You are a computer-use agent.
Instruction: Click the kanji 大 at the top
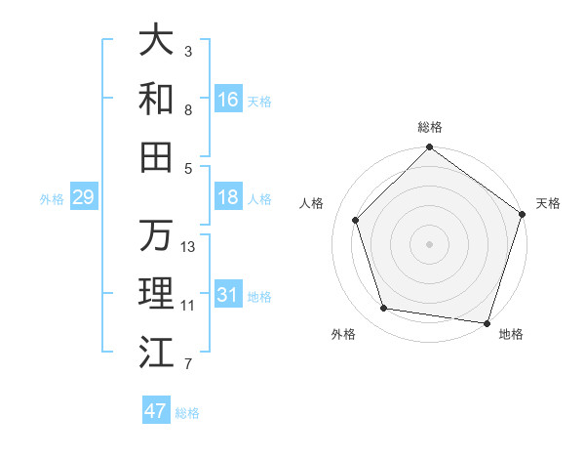[156, 40]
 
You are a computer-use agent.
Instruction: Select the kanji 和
[156, 99]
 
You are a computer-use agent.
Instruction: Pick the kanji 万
[156, 235]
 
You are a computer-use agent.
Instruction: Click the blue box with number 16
[227, 100]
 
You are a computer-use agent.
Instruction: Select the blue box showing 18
[227, 197]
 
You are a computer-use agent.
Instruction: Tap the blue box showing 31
[227, 295]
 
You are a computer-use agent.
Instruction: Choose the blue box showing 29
[83, 197]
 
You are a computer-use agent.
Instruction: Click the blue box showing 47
[156, 411]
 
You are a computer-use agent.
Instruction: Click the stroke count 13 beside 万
[188, 247]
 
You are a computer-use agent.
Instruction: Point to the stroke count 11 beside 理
[188, 306]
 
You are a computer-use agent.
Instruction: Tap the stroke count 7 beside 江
[188, 365]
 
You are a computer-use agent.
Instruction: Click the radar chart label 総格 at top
[430, 127]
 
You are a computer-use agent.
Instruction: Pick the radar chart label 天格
[549, 203]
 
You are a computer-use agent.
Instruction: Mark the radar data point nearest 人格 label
[355, 220]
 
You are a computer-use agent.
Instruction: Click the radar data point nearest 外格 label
[384, 309]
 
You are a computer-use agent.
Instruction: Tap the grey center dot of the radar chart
[430, 244]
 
